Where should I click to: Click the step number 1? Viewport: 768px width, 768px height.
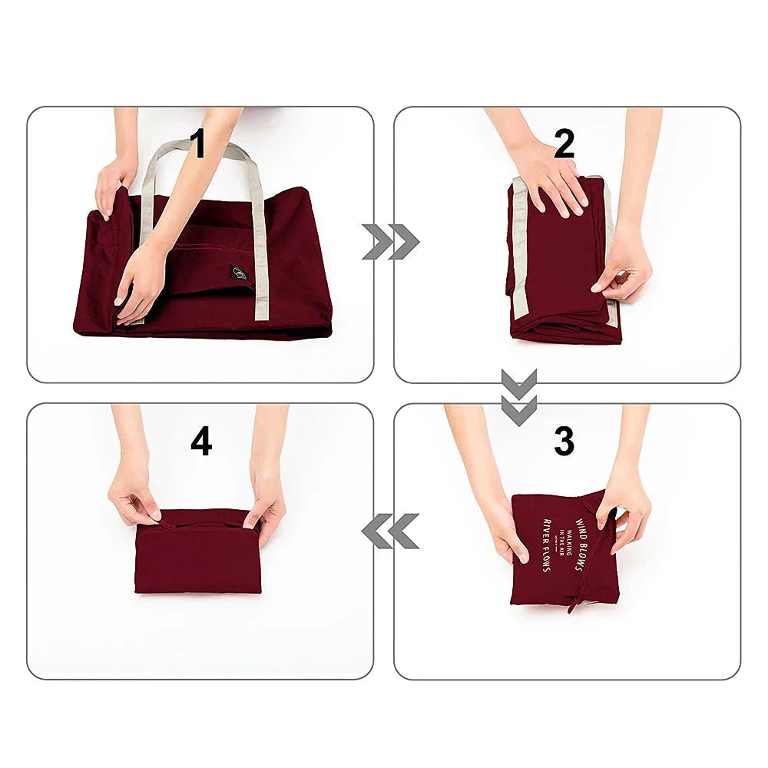click(198, 144)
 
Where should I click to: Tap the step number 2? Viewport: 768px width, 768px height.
click(564, 144)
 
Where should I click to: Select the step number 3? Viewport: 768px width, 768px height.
click(564, 442)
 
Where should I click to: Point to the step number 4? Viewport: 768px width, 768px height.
click(201, 442)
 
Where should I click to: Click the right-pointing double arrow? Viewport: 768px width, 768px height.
click(390, 242)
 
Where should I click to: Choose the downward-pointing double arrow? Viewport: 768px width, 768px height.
click(519, 397)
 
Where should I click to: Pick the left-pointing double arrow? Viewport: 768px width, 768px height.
click(390, 531)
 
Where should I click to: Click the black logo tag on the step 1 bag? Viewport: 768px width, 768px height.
click(238, 273)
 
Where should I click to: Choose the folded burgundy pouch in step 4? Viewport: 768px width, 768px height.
click(198, 557)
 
